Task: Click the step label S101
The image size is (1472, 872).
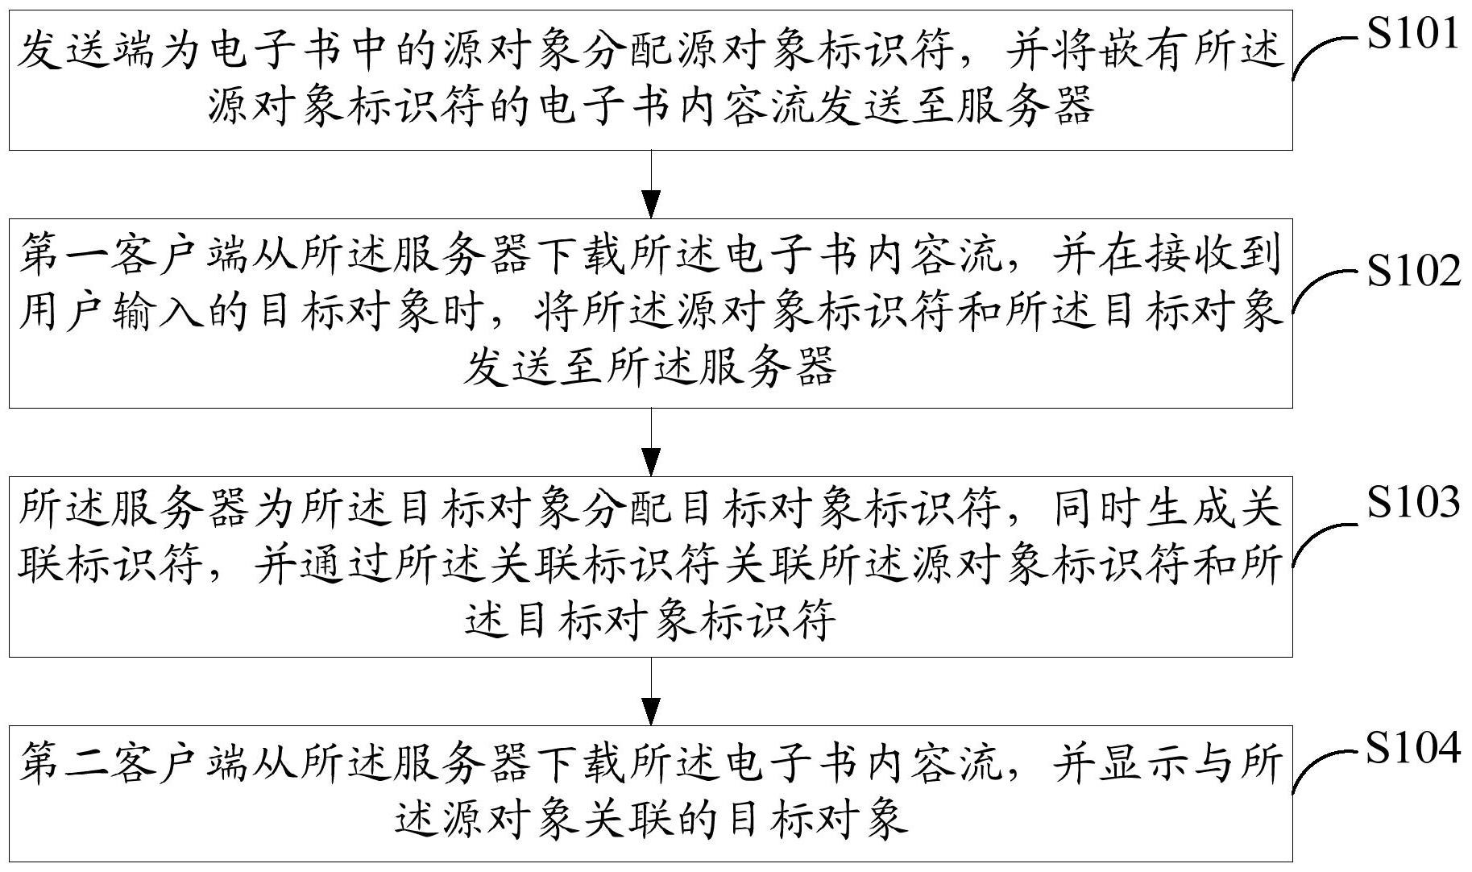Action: point(1413,35)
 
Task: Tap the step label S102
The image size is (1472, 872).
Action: point(1413,272)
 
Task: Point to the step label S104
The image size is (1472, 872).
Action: point(1413,748)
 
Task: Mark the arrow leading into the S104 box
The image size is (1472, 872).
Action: point(650,691)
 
